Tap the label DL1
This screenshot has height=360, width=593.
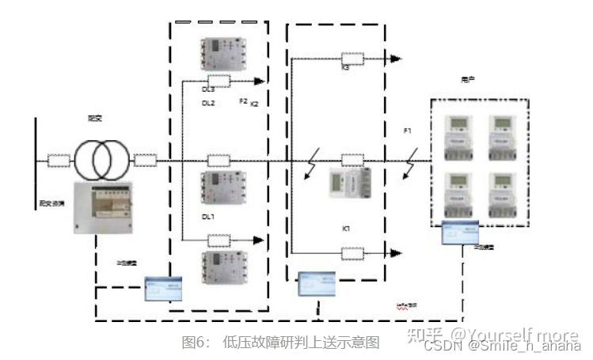click(207, 216)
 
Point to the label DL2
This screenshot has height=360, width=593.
click(208, 103)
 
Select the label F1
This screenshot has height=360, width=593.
click(408, 131)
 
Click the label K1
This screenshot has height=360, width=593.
click(346, 228)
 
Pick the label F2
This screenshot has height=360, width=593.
click(243, 103)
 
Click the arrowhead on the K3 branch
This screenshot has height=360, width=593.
click(396, 59)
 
